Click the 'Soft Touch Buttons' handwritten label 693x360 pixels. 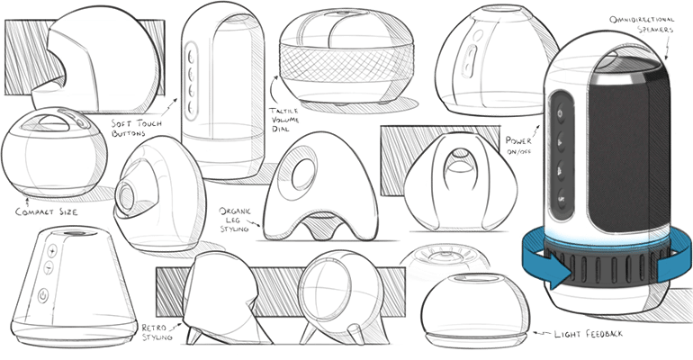(131, 128)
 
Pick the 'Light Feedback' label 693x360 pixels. (584, 334)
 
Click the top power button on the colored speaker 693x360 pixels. (562, 114)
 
